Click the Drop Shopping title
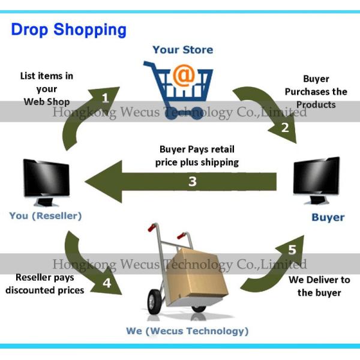68,29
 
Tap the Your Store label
182,50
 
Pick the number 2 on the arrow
285,127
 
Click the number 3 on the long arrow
192,181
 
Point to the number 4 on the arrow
107,283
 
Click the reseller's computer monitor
46,180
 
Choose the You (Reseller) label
46,215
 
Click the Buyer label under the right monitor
328,217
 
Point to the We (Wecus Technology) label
187,331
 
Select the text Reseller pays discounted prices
45,284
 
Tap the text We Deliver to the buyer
319,286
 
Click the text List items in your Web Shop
47,88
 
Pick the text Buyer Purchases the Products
316,91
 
